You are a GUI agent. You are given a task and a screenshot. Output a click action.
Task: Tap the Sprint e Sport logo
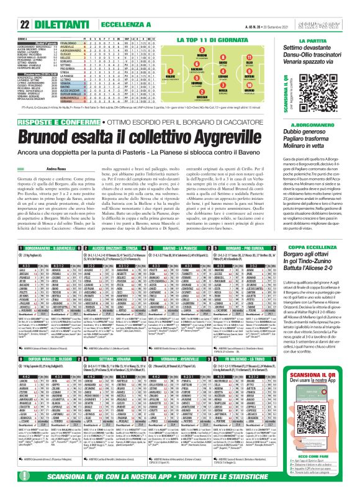pos(335,7)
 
